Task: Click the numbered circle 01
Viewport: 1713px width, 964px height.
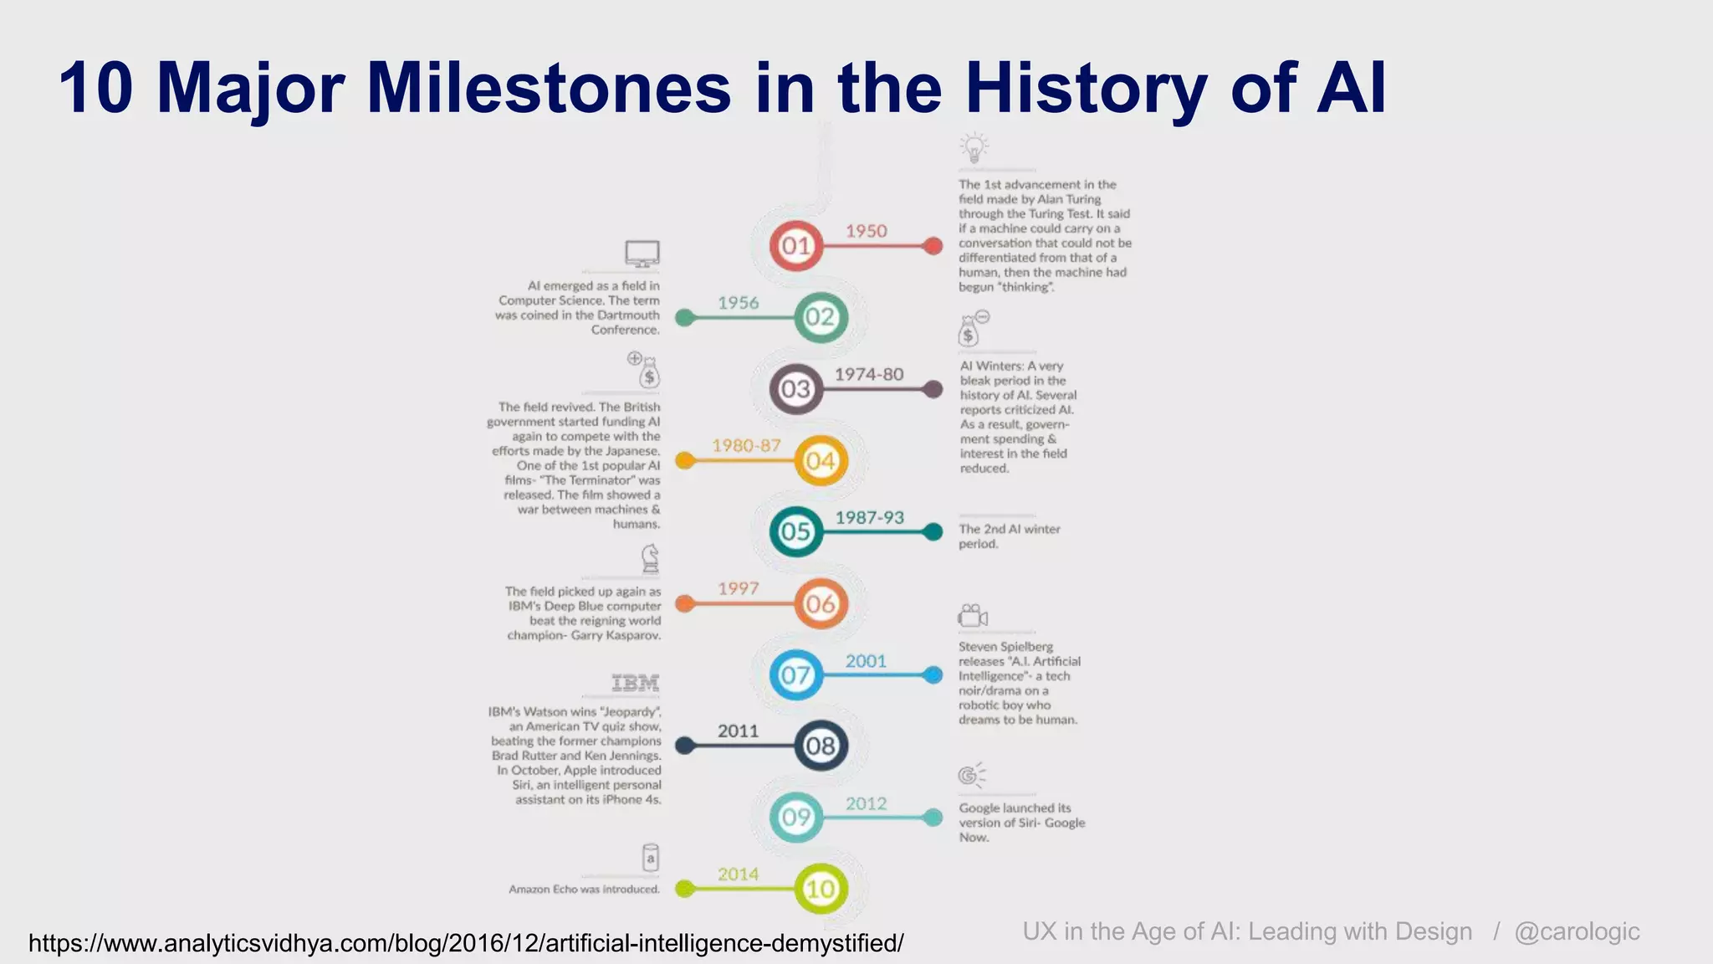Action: point(795,246)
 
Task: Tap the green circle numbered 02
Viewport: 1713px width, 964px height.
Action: point(820,317)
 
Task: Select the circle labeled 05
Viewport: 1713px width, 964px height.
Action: point(795,531)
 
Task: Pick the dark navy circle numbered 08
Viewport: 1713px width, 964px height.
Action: point(820,746)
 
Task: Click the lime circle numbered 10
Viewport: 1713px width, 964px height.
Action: point(820,889)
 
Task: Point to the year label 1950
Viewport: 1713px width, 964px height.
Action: point(866,231)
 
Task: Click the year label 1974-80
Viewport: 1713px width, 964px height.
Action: point(869,374)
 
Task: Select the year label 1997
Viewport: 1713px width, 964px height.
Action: point(738,588)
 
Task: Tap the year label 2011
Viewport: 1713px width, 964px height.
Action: point(738,731)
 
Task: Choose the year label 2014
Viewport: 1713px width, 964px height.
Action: point(738,874)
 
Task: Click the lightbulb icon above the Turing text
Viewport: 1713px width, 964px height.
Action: point(974,147)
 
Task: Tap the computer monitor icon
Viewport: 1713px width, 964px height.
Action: point(642,254)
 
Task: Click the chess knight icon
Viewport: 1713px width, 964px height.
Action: point(650,558)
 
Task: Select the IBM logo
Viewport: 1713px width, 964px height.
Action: point(636,683)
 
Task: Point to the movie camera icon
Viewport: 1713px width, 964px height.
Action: point(972,617)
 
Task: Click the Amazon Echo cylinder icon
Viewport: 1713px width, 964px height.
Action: point(651,858)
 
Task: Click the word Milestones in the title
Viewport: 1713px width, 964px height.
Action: point(549,88)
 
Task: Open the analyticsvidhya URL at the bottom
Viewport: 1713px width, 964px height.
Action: point(466,943)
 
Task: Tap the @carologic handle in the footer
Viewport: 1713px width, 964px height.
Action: point(1577,931)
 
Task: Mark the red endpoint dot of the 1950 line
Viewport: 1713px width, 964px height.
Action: point(933,246)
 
